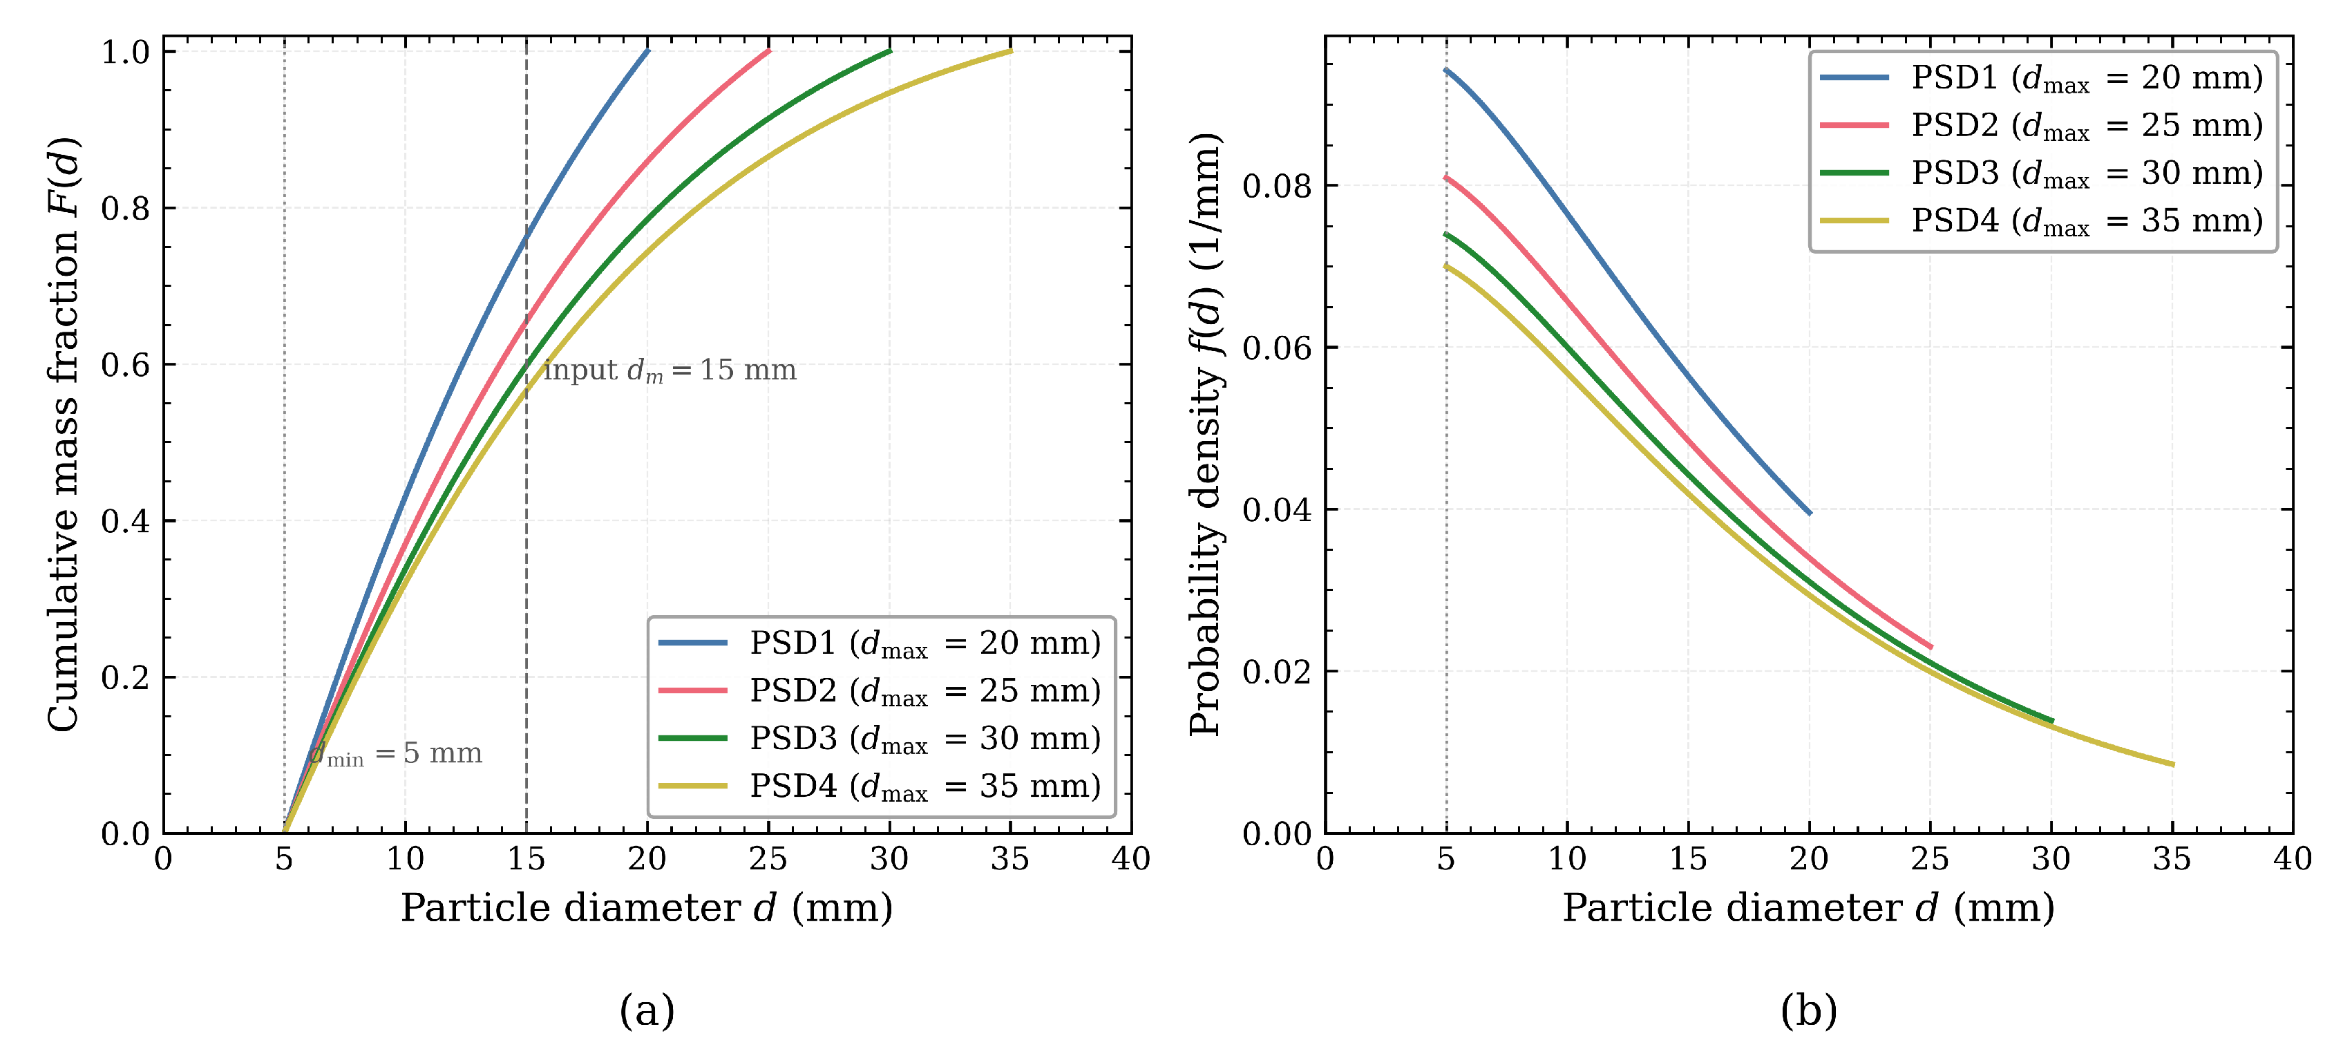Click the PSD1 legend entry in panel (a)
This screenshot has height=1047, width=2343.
[x=880, y=643]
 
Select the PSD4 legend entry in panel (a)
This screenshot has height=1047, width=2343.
[x=880, y=786]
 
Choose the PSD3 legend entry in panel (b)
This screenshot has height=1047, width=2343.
[x=2042, y=173]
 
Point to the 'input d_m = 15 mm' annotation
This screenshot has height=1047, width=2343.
[x=670, y=370]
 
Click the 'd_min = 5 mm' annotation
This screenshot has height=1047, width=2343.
[x=396, y=753]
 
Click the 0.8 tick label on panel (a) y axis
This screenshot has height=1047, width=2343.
[x=126, y=208]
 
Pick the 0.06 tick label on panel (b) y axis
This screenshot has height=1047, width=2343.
[x=1277, y=348]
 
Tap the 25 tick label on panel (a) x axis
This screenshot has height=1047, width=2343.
[x=768, y=859]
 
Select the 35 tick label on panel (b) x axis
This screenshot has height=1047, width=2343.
[x=2172, y=859]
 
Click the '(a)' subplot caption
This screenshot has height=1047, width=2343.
[x=647, y=1010]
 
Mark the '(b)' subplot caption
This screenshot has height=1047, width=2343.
[x=1808, y=1010]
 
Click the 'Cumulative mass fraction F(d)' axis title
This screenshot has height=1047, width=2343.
[x=64, y=434]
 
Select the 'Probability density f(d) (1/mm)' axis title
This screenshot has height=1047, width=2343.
[x=1206, y=434]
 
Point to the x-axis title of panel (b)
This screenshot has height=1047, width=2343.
[x=1808, y=908]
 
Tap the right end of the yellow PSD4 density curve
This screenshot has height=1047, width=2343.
[x=2172, y=764]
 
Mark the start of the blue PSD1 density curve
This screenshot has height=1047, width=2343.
[x=1446, y=70]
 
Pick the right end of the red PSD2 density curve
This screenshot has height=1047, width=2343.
[x=1930, y=647]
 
